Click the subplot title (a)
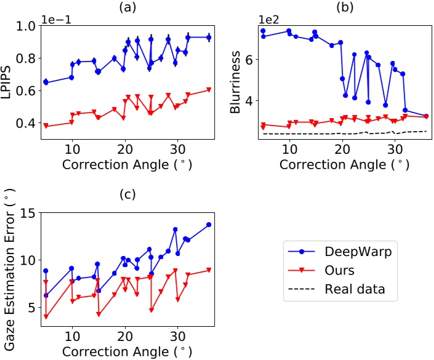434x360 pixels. [126, 8]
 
